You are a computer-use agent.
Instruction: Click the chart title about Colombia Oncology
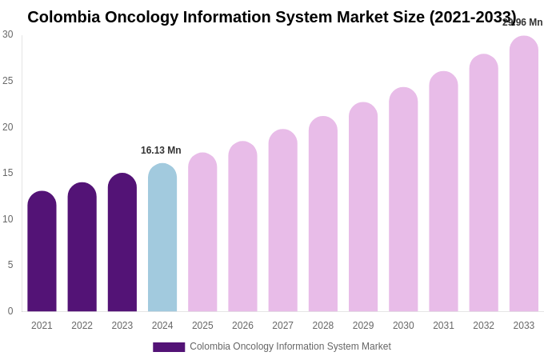pos(271,17)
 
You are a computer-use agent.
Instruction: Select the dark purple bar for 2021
pos(42,251)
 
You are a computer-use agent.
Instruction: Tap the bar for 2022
pos(82,247)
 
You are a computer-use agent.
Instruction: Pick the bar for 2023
pos(122,242)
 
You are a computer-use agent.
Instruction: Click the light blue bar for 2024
pos(162,238)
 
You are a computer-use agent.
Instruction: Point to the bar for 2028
pos(323,214)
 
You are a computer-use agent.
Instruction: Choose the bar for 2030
pos(403,199)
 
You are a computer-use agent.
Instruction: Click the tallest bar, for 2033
pos(524,174)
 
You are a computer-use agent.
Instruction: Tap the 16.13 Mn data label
pos(161,150)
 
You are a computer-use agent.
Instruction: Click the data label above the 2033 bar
pos(522,22)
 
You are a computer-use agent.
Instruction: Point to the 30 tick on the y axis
pos(8,34)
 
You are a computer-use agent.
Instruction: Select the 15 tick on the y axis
pos(8,173)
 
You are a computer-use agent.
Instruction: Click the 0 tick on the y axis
pos(10,311)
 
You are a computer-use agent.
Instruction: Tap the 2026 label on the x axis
pos(242,326)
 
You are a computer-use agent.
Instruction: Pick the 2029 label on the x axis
pos(363,326)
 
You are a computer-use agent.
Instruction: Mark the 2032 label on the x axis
pos(483,326)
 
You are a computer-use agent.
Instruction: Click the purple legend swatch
pos(169,347)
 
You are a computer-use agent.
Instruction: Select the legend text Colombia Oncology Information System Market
pos(290,346)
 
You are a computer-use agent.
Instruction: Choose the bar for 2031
pos(443,191)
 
